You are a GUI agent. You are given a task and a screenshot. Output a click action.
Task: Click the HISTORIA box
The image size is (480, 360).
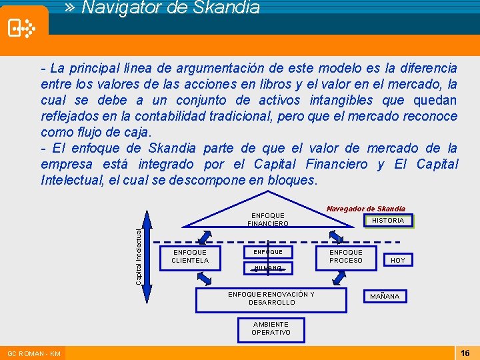pyautogui.click(x=387, y=220)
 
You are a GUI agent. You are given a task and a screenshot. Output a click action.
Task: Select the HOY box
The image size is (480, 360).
pyautogui.click(x=397, y=260)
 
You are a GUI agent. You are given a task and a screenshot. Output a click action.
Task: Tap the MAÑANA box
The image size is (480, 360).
pyautogui.click(x=385, y=296)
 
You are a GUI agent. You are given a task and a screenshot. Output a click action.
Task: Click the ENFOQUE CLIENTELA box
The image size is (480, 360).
pyautogui.click(x=189, y=257)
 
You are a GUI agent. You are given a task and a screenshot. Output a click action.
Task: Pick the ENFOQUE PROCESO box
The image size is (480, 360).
pyautogui.click(x=346, y=257)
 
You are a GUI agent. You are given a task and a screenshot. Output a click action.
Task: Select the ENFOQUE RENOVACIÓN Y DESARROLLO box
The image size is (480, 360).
pyautogui.click(x=271, y=299)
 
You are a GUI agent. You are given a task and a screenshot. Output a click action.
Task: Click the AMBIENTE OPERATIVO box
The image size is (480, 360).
pyautogui.click(x=271, y=328)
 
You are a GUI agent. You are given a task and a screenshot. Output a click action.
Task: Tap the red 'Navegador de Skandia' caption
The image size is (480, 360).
pyautogui.click(x=366, y=209)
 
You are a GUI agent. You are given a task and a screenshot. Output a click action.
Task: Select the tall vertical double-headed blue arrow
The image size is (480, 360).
pyautogui.click(x=150, y=259)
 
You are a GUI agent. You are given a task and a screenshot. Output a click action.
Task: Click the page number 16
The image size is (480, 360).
pyautogui.click(x=465, y=353)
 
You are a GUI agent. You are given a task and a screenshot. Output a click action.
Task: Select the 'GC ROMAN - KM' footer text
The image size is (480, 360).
pyautogui.click(x=33, y=353)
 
